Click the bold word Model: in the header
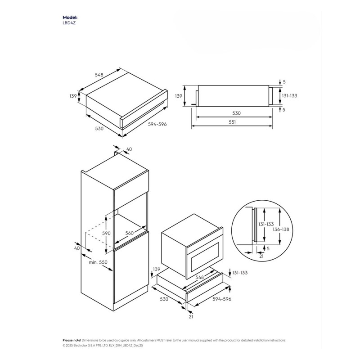[70, 18]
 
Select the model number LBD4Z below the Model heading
[69, 23]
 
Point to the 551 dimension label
[232, 122]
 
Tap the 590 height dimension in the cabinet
[106, 233]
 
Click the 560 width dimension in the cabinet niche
[129, 233]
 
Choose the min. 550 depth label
[98, 262]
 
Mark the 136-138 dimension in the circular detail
[281, 229]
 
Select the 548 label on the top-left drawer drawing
[99, 75]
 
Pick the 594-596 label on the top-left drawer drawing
[157, 124]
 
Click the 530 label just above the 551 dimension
[236, 113]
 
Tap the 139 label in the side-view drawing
[178, 96]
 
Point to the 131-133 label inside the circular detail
[266, 224]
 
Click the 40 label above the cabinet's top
[129, 149]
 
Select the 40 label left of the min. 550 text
[77, 248]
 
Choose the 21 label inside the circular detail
[261, 256]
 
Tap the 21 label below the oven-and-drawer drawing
[191, 317]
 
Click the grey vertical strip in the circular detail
[255, 225]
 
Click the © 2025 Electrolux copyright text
[103, 345]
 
